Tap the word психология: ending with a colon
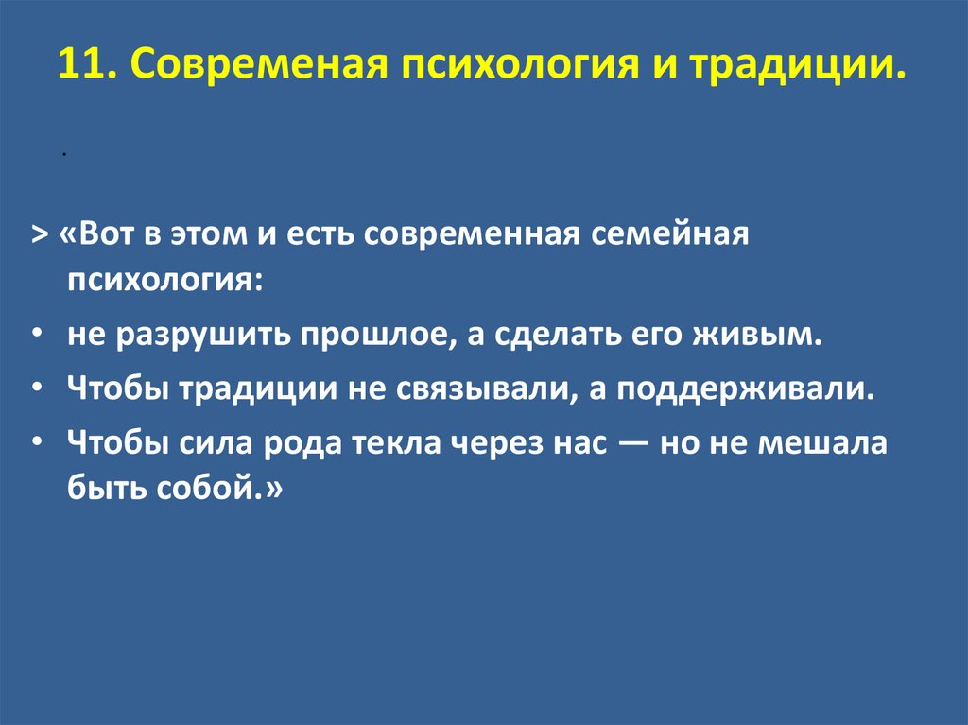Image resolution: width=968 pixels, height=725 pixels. pyautogui.click(x=165, y=282)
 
